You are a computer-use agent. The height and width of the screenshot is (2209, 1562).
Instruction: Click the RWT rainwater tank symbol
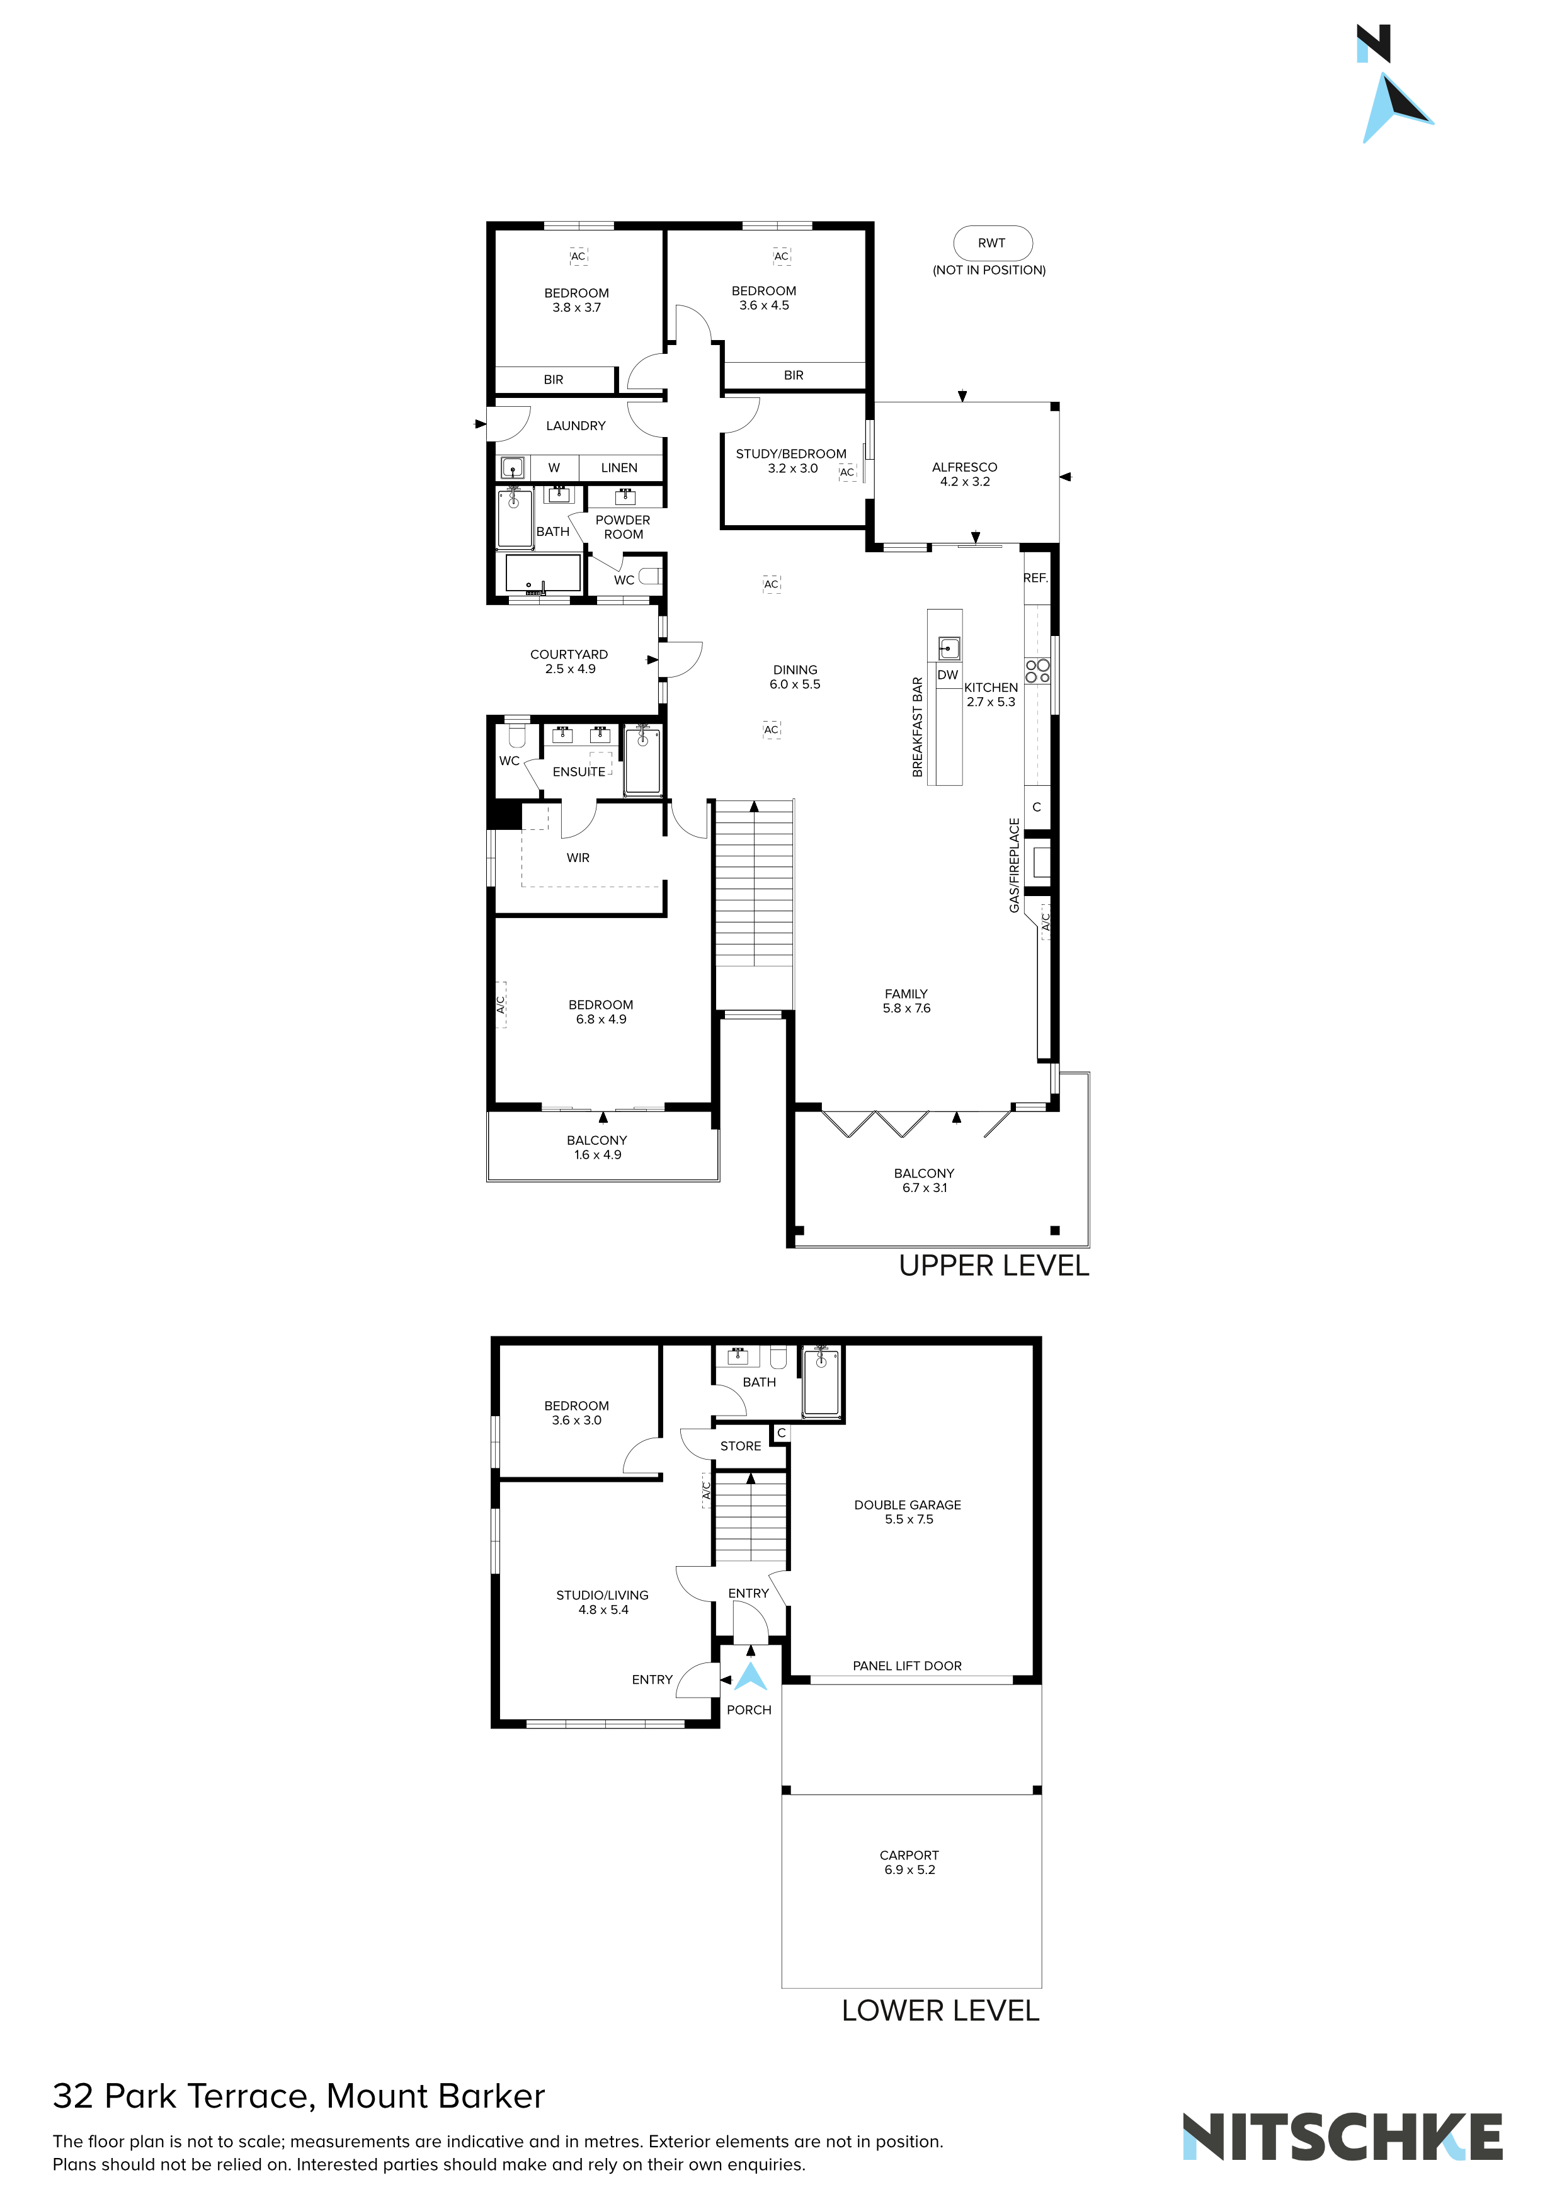pyautogui.click(x=992, y=244)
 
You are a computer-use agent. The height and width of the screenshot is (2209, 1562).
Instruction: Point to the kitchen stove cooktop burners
pyautogui.click(x=1037, y=671)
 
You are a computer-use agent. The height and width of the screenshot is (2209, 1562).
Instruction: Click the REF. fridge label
pyautogui.click(x=1035, y=578)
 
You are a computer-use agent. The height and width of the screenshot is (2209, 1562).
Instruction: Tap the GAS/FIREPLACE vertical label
pyautogui.click(x=1015, y=866)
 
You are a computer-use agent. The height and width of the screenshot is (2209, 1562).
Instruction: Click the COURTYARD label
pyautogui.click(x=569, y=654)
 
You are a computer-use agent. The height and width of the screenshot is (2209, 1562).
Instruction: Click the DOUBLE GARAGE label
pyautogui.click(x=908, y=1506)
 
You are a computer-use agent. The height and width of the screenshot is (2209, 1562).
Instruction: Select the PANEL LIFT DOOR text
pyautogui.click(x=908, y=1666)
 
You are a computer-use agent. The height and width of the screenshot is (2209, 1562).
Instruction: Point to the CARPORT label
pyautogui.click(x=909, y=1856)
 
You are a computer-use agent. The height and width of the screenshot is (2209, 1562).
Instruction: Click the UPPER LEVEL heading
pyautogui.click(x=994, y=1266)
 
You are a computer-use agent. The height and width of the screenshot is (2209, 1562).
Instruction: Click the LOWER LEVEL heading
pyautogui.click(x=940, y=2011)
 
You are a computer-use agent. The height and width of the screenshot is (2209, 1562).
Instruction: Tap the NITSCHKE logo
pyautogui.click(x=1343, y=2137)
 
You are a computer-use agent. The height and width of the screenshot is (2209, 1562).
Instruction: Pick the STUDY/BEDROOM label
pyautogui.click(x=791, y=454)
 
